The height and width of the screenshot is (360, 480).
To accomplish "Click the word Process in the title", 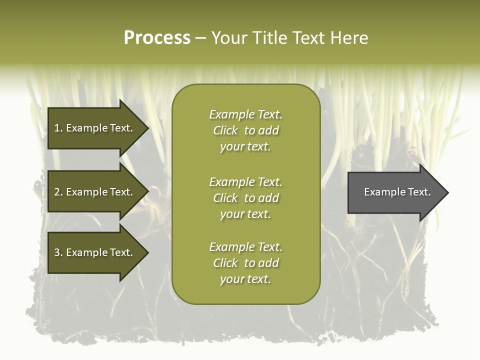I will click(157, 38).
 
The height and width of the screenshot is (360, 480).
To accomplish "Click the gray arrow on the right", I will click(395, 192).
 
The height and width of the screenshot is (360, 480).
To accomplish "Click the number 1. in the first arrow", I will click(58, 128).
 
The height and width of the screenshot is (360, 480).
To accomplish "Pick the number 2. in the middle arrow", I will click(58, 192).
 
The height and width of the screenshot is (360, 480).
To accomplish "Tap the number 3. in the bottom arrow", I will click(58, 252).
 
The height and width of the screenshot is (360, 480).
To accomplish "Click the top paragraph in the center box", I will click(245, 130).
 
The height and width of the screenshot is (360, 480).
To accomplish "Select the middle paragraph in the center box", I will click(245, 198).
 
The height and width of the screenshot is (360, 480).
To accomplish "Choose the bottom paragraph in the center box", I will click(245, 263).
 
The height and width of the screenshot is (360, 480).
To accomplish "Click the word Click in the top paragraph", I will click(225, 130).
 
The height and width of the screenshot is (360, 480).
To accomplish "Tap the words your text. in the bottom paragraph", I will click(245, 279).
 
